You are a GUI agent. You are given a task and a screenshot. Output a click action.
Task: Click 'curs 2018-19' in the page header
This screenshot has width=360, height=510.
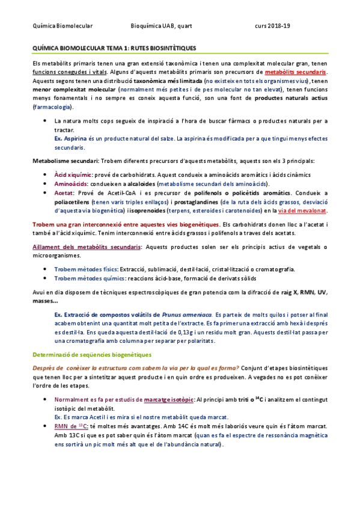(x=272, y=26)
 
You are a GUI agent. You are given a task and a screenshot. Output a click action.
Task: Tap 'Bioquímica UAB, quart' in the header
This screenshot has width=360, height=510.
(x=161, y=26)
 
